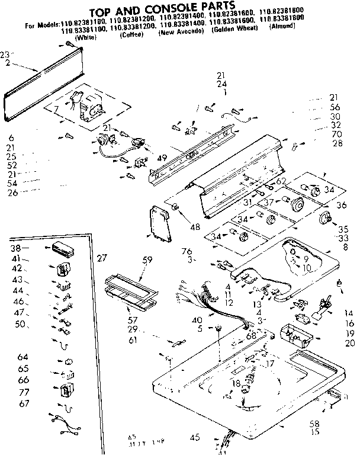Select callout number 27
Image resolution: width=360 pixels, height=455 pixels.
click(x=102, y=258)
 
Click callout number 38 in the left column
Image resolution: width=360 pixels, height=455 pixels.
click(x=16, y=248)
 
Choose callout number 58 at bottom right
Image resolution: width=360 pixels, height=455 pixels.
click(x=314, y=423)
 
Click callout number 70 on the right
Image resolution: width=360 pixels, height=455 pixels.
click(x=337, y=134)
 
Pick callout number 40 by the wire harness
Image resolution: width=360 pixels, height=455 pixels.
click(x=196, y=321)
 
